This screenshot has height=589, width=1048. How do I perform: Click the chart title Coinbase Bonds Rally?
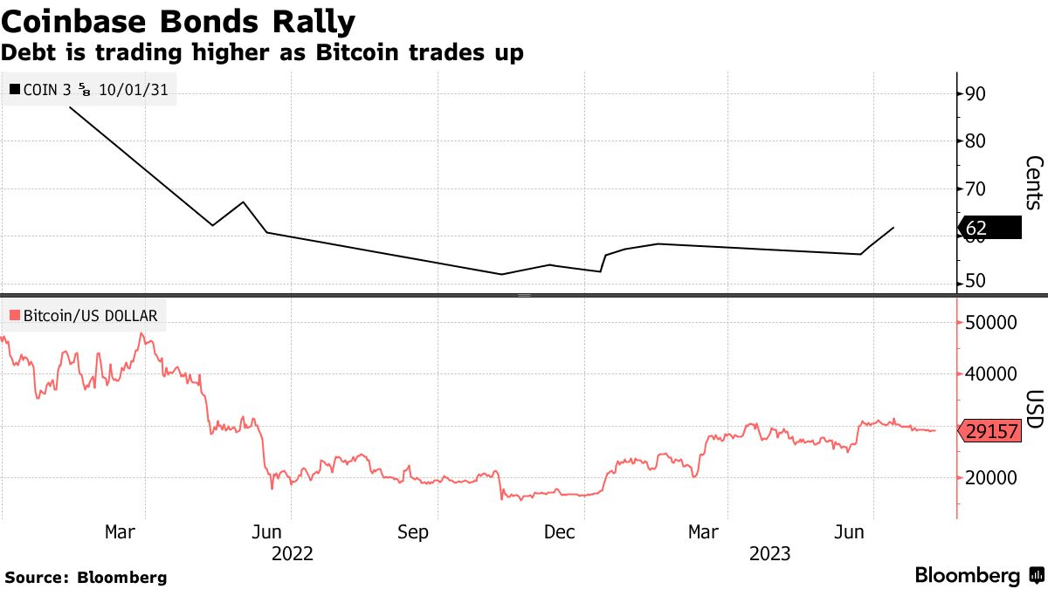coord(178,20)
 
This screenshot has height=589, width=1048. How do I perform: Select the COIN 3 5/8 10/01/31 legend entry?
coord(91,88)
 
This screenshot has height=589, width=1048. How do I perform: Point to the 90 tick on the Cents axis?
coord(976,94)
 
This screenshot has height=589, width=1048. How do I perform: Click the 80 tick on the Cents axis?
coord(976,141)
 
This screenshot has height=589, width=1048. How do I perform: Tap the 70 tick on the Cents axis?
coord(976,189)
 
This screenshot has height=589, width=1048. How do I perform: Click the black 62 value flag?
coord(990,229)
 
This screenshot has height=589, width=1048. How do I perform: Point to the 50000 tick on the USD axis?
coord(991,323)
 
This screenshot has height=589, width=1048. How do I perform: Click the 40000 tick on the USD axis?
coord(991,374)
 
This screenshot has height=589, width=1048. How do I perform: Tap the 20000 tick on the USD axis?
coord(991,478)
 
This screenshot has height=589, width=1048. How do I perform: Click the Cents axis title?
coord(1033,183)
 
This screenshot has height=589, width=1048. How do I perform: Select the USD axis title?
coord(1033,408)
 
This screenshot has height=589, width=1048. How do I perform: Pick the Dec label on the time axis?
coord(558,531)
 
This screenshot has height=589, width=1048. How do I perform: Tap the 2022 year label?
coord(292,553)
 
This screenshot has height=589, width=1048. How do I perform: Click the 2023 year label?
coord(769,553)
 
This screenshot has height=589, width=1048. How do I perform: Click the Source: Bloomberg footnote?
coord(86,577)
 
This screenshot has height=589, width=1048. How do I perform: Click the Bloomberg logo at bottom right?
coord(978,575)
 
